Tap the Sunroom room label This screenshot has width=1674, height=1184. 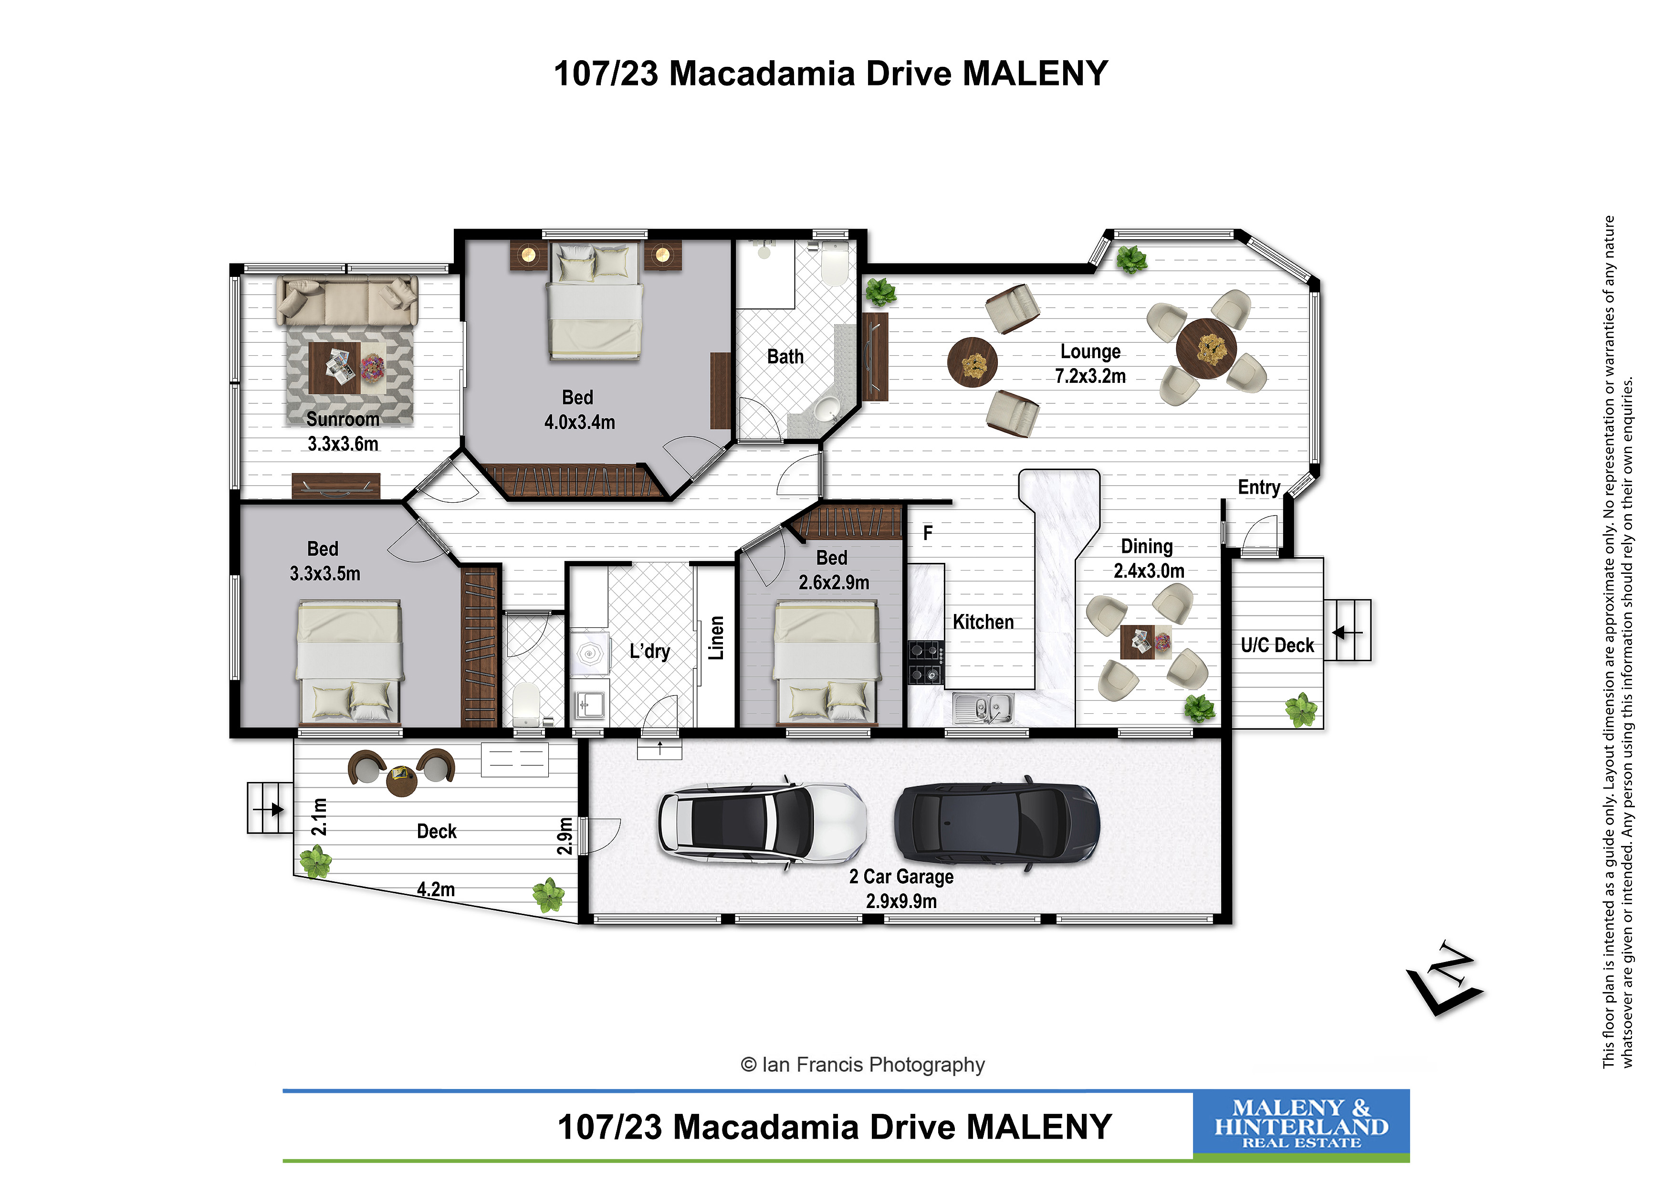click(343, 420)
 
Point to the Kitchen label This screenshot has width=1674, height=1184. click(983, 622)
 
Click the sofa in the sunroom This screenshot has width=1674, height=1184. click(347, 300)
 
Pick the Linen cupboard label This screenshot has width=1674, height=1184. click(716, 638)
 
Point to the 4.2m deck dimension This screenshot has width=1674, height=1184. click(436, 889)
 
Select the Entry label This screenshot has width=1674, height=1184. click(1259, 487)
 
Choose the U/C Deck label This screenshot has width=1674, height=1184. click(1277, 645)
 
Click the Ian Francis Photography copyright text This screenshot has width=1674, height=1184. click(862, 1065)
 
